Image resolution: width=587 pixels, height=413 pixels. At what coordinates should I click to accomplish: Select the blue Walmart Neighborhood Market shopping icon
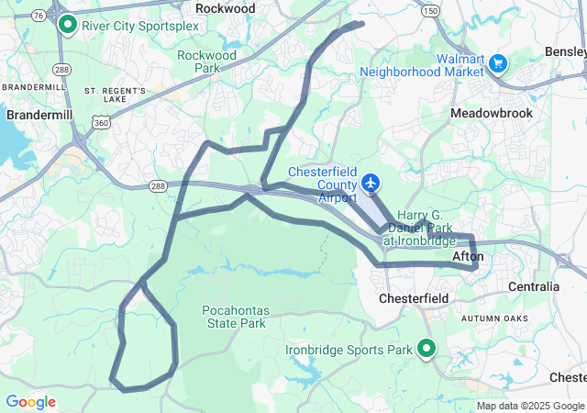(x=498, y=63)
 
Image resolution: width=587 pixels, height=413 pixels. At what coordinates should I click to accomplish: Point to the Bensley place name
(x=565, y=51)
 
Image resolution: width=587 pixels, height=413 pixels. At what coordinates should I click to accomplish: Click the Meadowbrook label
(x=491, y=113)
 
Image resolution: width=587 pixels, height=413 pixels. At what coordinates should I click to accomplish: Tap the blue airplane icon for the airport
(x=371, y=184)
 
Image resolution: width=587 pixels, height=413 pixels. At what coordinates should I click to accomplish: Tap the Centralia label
(x=534, y=286)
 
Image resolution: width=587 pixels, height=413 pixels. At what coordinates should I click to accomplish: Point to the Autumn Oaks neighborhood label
(x=495, y=318)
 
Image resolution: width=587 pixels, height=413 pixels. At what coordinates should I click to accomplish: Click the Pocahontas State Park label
(x=233, y=317)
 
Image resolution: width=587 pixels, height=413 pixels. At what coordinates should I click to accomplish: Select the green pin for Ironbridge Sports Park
(x=426, y=348)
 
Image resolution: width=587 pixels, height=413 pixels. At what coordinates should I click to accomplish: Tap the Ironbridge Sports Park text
(x=348, y=350)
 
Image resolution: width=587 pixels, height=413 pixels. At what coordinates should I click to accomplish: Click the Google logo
(x=30, y=402)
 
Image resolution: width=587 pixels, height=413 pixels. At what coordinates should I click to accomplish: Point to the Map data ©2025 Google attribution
(x=529, y=406)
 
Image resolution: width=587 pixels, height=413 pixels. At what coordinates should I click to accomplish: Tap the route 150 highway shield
(x=429, y=10)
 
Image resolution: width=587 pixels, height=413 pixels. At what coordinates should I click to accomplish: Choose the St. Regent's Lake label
(x=116, y=95)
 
